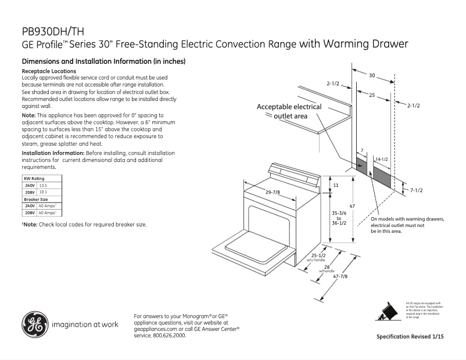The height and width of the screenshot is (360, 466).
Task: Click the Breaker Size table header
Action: (35, 199)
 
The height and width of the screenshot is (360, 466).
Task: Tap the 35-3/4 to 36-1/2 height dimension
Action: (339, 217)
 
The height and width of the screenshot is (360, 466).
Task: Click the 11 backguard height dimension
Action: (336, 185)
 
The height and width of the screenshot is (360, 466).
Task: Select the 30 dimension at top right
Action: (372, 75)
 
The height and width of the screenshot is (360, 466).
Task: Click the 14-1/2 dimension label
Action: (381, 159)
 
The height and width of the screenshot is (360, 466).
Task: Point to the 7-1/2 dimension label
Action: (415, 190)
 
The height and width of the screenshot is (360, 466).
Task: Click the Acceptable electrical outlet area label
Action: (289, 111)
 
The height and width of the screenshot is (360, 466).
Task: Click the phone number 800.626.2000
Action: (169, 335)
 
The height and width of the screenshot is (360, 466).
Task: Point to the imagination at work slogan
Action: (85, 325)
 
